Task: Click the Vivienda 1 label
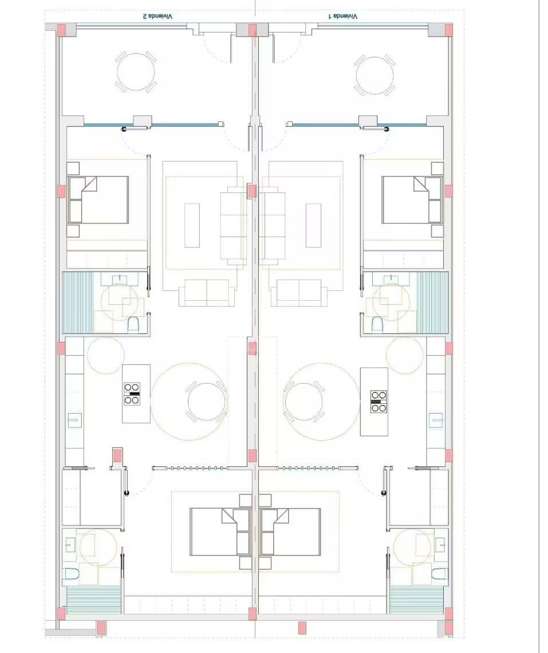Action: tap(343, 17)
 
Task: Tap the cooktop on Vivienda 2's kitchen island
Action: tap(132, 394)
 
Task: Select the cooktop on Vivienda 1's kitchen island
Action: tap(379, 402)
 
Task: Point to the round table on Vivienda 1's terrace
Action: tap(374, 76)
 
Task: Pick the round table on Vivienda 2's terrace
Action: tap(136, 72)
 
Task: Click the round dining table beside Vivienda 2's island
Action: tap(207, 402)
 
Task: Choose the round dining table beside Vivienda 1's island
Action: tap(303, 402)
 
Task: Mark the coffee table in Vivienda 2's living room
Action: tap(192, 225)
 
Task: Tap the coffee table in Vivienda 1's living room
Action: tap(314, 225)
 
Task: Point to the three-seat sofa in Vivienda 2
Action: tap(234, 225)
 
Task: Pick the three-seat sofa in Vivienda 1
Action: tap(272, 225)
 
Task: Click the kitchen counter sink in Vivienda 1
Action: tap(436, 420)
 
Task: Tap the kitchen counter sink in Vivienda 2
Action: tap(74, 420)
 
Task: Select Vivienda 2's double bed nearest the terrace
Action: tap(98, 200)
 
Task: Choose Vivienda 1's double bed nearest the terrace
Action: tap(412, 200)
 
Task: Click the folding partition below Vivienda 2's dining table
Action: tap(190, 468)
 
